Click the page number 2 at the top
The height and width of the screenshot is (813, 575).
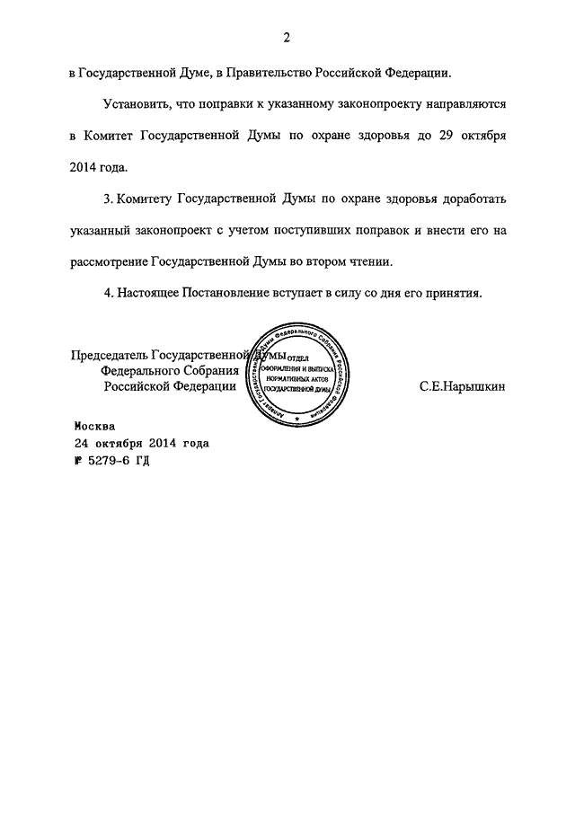[287, 38]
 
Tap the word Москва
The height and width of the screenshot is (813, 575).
[95, 428]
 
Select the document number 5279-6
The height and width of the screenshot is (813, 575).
[112, 460]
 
